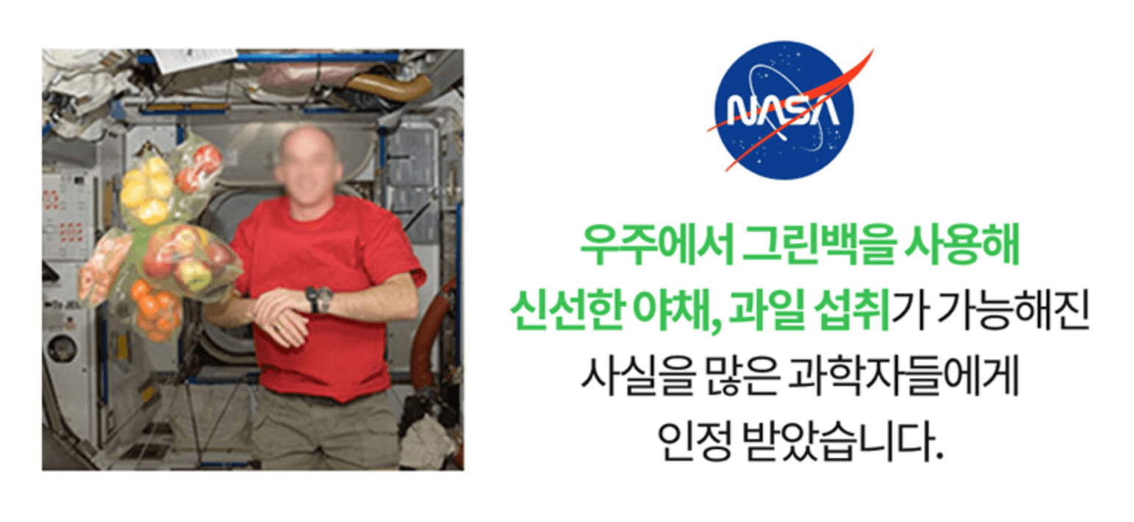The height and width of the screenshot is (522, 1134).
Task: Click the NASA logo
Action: tap(785, 110)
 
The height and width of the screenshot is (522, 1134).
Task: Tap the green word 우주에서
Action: tap(657, 246)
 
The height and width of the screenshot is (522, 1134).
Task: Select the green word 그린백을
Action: tap(818, 246)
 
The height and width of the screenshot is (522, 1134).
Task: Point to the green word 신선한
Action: tap(566, 310)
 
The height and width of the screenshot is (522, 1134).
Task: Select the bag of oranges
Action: tap(154, 309)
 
